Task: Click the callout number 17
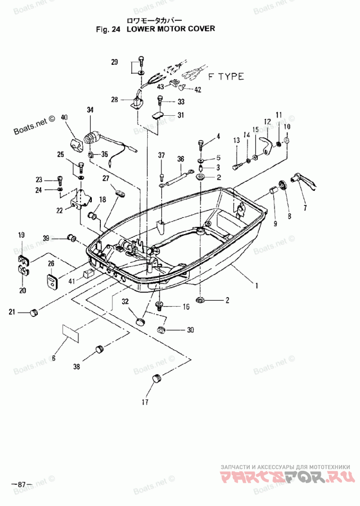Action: [x=145, y=402]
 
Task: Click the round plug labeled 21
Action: [x=33, y=312]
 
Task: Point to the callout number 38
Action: [x=76, y=366]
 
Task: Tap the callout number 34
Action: [x=90, y=110]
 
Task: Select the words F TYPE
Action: [x=225, y=77]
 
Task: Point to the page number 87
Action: [x=22, y=484]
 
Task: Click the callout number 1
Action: [x=256, y=285]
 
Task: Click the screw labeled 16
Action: [x=159, y=305]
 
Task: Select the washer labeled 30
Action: [x=160, y=330]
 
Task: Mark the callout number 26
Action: [x=51, y=263]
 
